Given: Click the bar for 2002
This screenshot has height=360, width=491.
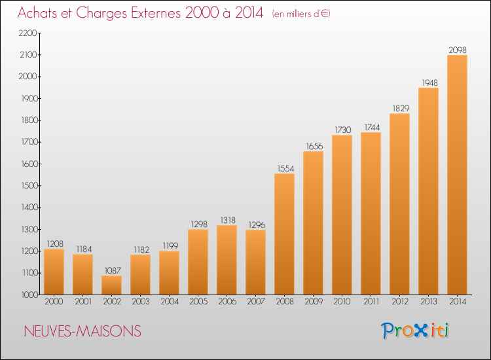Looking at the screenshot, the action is pyautogui.click(x=111, y=285).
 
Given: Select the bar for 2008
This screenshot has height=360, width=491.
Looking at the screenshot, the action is pyautogui.click(x=284, y=234).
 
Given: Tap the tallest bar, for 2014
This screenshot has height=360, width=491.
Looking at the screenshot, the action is pyautogui.click(x=457, y=175).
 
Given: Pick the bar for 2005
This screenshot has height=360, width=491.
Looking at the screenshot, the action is pyautogui.click(x=198, y=262).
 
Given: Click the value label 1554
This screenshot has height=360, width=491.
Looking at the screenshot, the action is pyautogui.click(x=285, y=169).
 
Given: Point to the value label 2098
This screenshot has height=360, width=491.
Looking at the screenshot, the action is pyautogui.click(x=458, y=50).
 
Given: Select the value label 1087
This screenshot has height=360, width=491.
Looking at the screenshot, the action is pyautogui.click(x=113, y=270).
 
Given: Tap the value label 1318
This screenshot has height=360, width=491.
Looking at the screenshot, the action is pyautogui.click(x=228, y=221).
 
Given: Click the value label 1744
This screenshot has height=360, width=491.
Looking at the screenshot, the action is pyautogui.click(x=372, y=128).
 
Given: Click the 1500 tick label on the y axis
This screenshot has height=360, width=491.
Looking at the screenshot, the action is pyautogui.click(x=29, y=186).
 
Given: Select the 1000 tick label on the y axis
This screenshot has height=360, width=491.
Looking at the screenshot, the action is pyautogui.click(x=29, y=295).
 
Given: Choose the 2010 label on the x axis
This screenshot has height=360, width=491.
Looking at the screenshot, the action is pyautogui.click(x=342, y=302).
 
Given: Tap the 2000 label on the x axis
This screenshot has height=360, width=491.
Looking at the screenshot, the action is pyautogui.click(x=54, y=302).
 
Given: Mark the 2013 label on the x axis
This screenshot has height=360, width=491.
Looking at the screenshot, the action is pyautogui.click(x=428, y=302).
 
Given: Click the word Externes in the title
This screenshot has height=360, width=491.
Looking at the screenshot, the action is pyautogui.click(x=156, y=13).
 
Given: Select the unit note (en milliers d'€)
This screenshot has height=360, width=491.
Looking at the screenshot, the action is pyautogui.click(x=301, y=14).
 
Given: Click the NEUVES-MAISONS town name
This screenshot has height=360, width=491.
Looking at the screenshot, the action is pyautogui.click(x=82, y=331).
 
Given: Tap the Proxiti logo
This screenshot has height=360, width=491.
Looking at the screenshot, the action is pyautogui.click(x=415, y=331).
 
